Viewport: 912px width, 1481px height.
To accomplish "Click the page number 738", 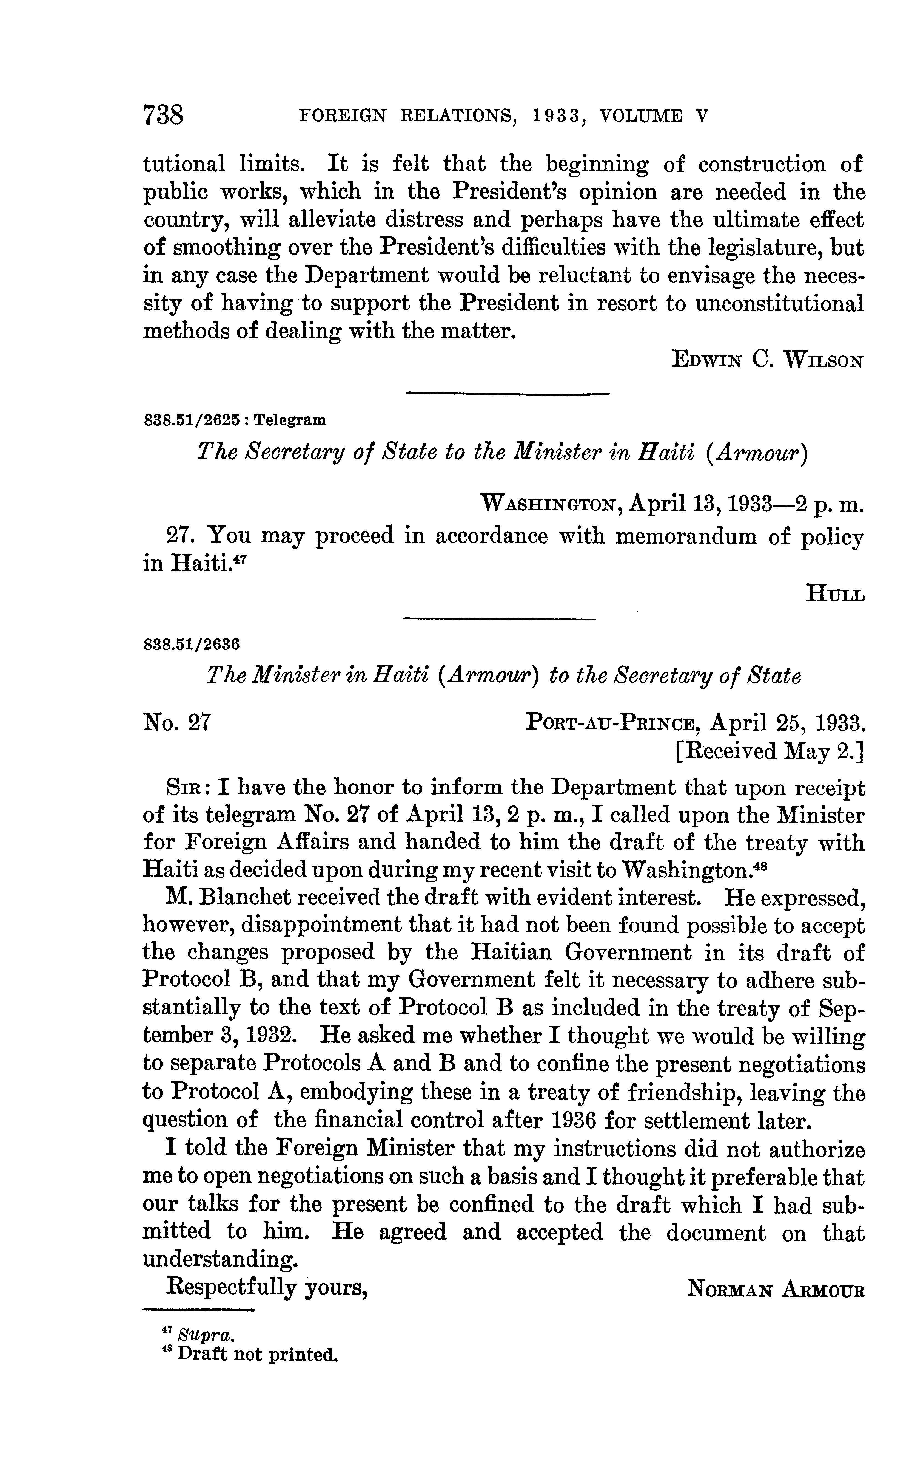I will point(163,115).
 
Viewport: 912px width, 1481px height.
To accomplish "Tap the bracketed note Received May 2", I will point(770,751).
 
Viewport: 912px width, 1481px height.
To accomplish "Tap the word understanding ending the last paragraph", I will point(220,1259).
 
